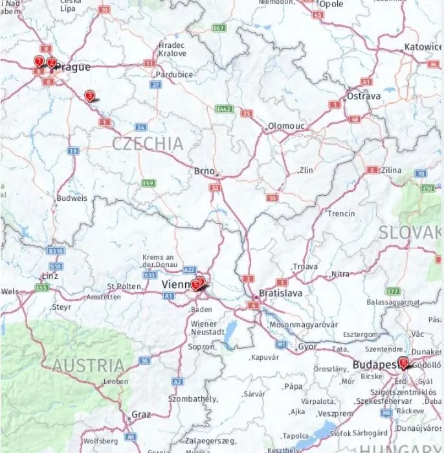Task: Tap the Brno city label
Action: [x=205, y=171]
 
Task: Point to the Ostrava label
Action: [x=364, y=96]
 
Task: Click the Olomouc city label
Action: [x=285, y=125]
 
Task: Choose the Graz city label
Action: [x=140, y=414]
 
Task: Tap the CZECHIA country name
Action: [x=148, y=144]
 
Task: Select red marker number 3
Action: [x=89, y=96]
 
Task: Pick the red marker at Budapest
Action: [x=404, y=363]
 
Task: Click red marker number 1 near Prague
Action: [x=39, y=62]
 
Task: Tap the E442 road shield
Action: [x=225, y=109]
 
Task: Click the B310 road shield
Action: [x=56, y=251]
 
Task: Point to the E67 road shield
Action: [x=219, y=29]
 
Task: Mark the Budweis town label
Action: [x=71, y=198]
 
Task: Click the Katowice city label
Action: [x=423, y=47]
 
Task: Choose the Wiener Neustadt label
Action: [x=208, y=327]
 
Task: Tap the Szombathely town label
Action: [x=193, y=399]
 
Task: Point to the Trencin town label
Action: [x=341, y=213]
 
